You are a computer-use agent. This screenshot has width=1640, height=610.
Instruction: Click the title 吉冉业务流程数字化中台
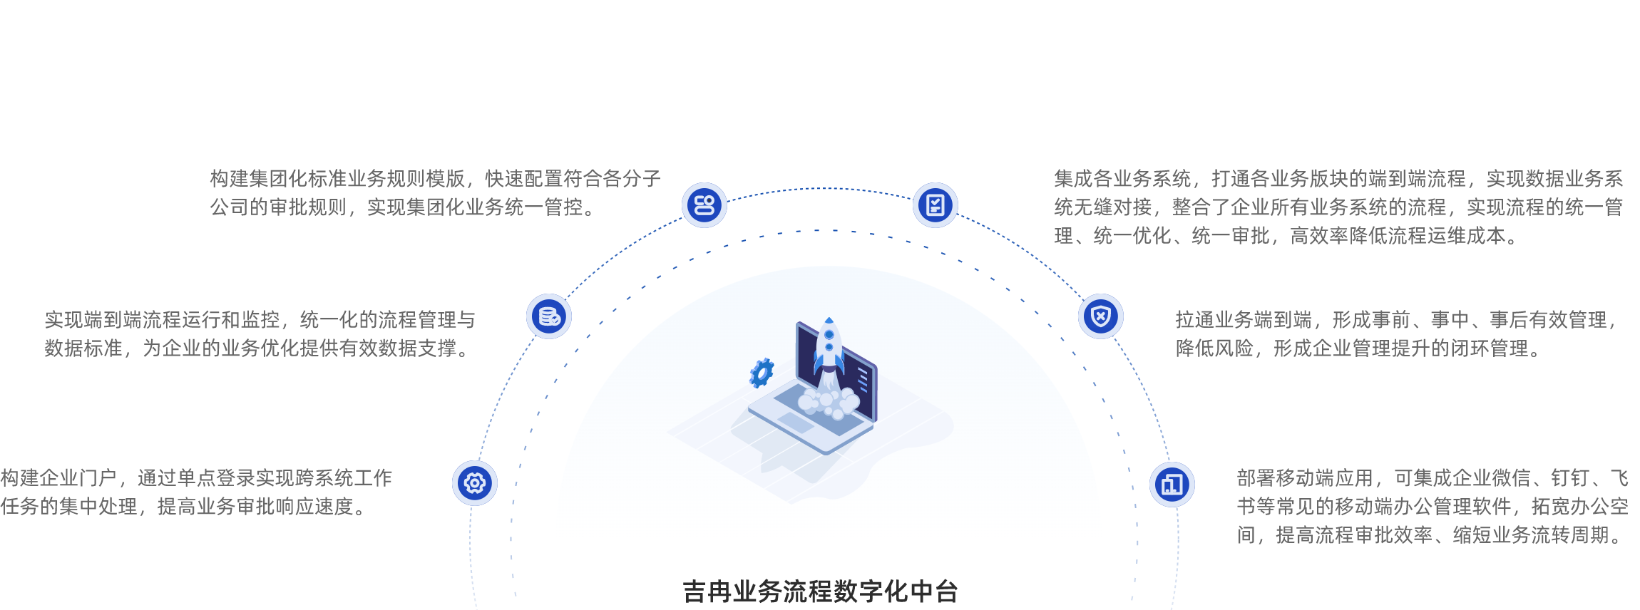click(820, 591)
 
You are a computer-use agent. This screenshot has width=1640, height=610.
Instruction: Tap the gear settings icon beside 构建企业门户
click(475, 483)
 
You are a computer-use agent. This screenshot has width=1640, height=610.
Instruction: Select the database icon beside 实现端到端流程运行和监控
click(549, 316)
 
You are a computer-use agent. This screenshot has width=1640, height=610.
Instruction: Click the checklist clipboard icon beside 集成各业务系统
click(935, 205)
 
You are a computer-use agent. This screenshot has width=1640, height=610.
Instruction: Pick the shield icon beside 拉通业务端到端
click(1101, 316)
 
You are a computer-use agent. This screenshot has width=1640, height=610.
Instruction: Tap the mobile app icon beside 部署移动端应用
click(1172, 485)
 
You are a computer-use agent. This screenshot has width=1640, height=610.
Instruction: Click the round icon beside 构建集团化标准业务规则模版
click(704, 205)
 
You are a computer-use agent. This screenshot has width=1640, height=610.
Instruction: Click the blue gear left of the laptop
click(762, 373)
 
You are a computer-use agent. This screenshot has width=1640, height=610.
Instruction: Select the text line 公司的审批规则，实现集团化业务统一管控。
click(402, 207)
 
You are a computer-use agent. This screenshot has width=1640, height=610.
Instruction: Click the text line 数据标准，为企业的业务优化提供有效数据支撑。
click(257, 348)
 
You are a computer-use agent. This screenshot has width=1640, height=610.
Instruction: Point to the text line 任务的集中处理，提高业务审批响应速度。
click(184, 507)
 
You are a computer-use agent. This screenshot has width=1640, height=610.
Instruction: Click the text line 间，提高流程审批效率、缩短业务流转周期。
click(1430, 535)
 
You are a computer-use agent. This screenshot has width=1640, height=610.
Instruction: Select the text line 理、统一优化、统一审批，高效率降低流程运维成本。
click(1287, 236)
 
